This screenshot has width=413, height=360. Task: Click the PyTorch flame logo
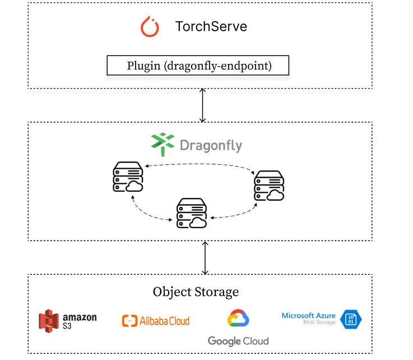pyautogui.click(x=150, y=27)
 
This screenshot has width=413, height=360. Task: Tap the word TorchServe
pyautogui.click(x=211, y=26)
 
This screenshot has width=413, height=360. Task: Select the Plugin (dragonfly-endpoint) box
pyautogui.click(x=198, y=66)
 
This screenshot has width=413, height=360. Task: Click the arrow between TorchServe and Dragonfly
pyautogui.click(x=203, y=105)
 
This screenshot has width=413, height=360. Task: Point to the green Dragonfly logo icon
pyautogui.click(x=163, y=144)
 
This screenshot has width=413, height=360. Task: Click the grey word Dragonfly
pyautogui.click(x=211, y=146)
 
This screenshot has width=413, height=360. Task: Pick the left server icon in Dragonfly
pyautogui.click(x=126, y=177)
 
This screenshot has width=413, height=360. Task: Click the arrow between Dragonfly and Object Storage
pyautogui.click(x=205, y=257)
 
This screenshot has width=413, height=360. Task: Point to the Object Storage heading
pyautogui.click(x=196, y=292)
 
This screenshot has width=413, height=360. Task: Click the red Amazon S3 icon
pyautogui.click(x=49, y=321)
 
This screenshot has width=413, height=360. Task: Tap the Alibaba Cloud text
pyautogui.click(x=165, y=321)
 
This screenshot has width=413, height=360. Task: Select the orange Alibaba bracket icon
pyautogui.click(x=129, y=321)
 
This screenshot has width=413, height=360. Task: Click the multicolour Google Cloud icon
pyautogui.click(x=238, y=319)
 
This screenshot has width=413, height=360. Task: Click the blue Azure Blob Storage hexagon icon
pyautogui.click(x=351, y=320)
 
